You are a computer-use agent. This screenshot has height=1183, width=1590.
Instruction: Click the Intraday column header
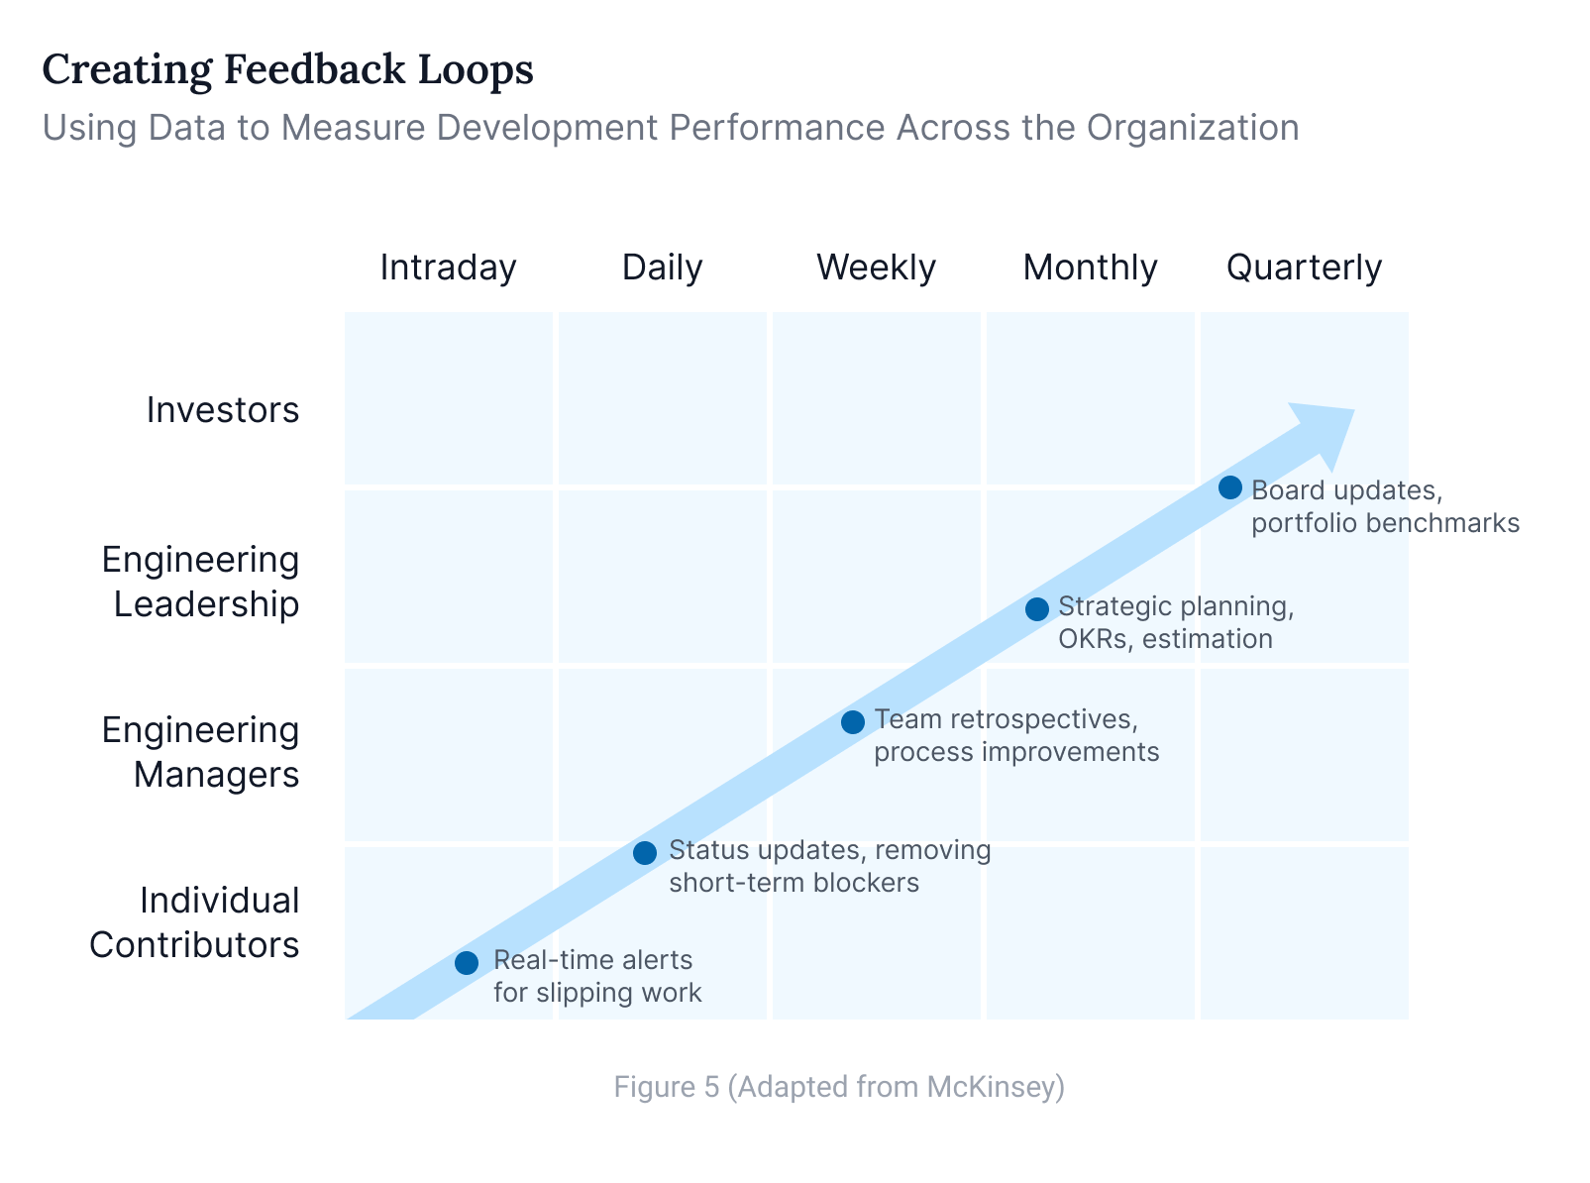click(x=448, y=268)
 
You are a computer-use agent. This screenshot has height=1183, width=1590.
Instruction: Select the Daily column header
click(x=662, y=268)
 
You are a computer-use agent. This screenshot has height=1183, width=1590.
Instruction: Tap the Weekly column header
click(x=876, y=268)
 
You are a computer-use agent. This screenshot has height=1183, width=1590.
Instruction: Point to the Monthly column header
click(x=1090, y=268)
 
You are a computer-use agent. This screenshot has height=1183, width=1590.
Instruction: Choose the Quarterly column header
click(x=1304, y=268)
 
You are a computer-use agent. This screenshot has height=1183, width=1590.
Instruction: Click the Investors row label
click(x=223, y=409)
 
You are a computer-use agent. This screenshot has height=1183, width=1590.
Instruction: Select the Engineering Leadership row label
click(x=201, y=582)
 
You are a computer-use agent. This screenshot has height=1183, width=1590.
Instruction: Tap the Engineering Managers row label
click(x=201, y=752)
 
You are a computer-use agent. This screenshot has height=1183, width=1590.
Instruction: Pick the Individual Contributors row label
click(x=195, y=922)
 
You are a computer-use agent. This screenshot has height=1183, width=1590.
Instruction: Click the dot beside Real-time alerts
click(x=467, y=962)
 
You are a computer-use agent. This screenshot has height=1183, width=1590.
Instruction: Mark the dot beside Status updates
click(x=644, y=852)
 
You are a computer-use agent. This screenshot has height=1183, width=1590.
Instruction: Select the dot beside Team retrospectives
click(x=852, y=721)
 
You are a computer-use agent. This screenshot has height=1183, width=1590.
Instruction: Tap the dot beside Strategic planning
click(x=1036, y=608)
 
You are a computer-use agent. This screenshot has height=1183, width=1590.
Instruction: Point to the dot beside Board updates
click(x=1229, y=487)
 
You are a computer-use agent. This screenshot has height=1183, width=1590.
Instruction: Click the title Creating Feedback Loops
click(x=288, y=70)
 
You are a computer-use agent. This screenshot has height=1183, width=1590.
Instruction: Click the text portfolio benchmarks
click(x=1385, y=523)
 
